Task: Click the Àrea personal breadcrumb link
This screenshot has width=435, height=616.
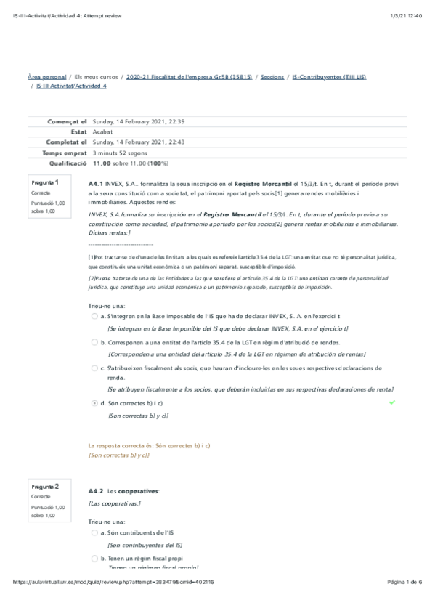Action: click(46, 76)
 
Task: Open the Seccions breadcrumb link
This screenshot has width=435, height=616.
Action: click(272, 76)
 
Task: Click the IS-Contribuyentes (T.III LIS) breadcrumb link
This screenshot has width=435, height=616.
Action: click(324, 76)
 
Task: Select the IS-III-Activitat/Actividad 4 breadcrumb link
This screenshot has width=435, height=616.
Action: click(71, 86)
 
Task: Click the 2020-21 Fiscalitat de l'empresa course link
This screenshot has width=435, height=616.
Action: click(189, 76)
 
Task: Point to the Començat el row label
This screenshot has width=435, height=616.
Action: click(67, 122)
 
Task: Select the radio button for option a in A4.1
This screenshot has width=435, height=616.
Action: click(95, 317)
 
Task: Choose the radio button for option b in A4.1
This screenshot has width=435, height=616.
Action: click(95, 341)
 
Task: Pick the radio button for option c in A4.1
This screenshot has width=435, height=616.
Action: click(95, 368)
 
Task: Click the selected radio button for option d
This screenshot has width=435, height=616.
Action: click(95, 402)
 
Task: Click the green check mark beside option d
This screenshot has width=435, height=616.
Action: click(392, 402)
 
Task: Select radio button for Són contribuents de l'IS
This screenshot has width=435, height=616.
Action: click(95, 532)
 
